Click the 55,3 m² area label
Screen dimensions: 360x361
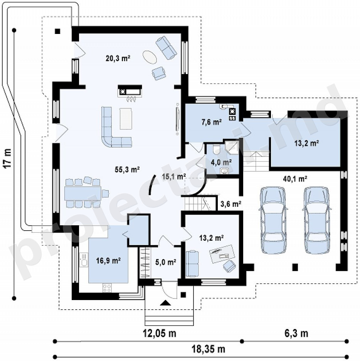[x=127, y=170]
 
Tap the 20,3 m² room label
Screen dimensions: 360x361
[x=118, y=58]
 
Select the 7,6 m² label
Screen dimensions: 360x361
[x=212, y=122]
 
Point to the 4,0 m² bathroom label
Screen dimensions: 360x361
[x=221, y=162]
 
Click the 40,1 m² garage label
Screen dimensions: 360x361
[x=295, y=179]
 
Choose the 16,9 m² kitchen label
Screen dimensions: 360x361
[x=108, y=261]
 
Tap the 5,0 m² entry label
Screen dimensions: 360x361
[x=166, y=262]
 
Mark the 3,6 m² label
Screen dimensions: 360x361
[x=231, y=204]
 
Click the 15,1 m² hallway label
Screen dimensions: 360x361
[x=174, y=177]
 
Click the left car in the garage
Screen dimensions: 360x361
[x=273, y=220]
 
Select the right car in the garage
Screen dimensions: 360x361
[x=317, y=220]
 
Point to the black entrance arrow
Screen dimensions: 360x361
[x=165, y=303]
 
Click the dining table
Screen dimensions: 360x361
[x=83, y=193]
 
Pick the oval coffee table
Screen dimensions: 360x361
[x=150, y=57]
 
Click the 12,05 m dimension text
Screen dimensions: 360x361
[x=160, y=333]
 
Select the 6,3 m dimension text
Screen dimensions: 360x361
[x=296, y=333]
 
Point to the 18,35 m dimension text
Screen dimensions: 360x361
[x=209, y=349]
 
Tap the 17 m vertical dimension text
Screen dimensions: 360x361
[x=7, y=159]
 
